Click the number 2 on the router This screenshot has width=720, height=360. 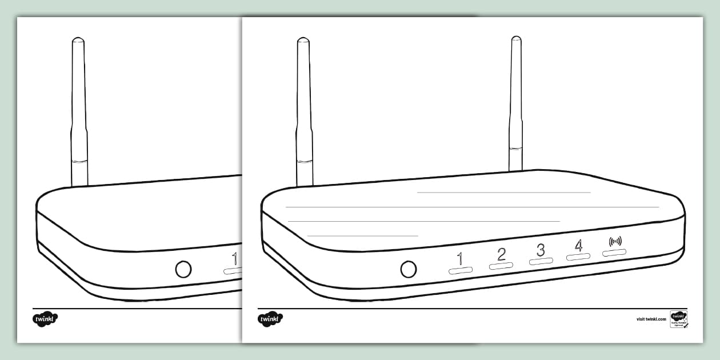click(x=501, y=254)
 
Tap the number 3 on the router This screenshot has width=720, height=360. click(x=541, y=250)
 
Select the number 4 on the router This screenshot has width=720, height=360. click(x=578, y=245)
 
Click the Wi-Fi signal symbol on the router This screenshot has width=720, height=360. click(x=614, y=241)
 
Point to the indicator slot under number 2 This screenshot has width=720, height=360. click(x=501, y=266)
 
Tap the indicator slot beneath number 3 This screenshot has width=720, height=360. click(x=541, y=261)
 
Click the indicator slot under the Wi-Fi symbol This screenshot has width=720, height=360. click(x=614, y=252)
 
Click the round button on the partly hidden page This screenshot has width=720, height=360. click(x=183, y=269)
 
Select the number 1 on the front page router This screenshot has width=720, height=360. click(x=460, y=259)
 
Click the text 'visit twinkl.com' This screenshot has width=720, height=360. click(x=651, y=319)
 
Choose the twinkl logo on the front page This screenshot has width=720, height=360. click(x=270, y=319)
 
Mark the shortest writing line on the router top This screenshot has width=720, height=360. click(x=363, y=235)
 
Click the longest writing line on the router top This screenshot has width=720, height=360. click(x=472, y=207)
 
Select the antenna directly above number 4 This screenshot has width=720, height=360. click(x=516, y=103)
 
